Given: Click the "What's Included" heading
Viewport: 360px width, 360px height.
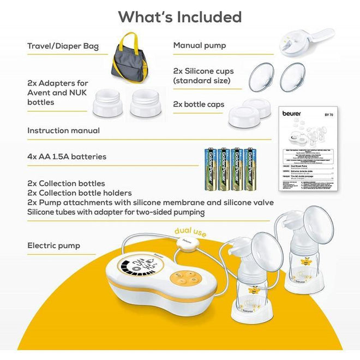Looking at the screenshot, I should point(180,17).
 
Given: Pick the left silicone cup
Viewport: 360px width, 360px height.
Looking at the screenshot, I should point(261,77).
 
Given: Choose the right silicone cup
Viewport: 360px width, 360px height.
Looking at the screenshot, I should point(292,77).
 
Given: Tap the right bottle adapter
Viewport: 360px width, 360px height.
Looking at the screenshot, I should point(146,102).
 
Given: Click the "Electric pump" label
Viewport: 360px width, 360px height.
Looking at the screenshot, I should point(53,246).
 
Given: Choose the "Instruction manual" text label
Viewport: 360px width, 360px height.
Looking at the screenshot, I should point(63,131).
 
